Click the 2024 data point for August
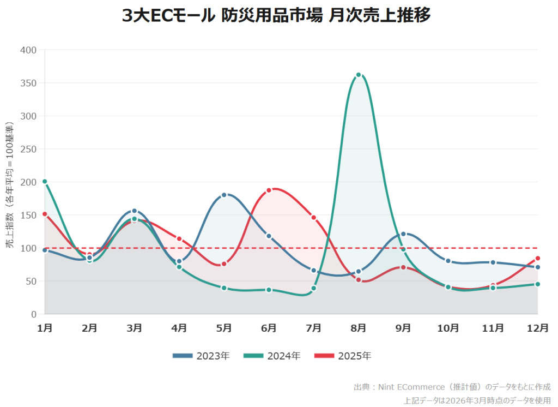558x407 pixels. point(359,75)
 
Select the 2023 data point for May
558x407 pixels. point(224,195)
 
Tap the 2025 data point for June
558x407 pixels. point(269,190)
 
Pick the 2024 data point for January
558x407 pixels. point(45,182)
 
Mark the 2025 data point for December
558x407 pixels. point(538,258)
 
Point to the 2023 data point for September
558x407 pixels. point(403,234)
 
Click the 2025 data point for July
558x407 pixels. point(314,218)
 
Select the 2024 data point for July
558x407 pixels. point(314,288)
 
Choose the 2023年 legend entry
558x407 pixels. point(201,356)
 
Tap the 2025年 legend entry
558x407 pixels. point(343,356)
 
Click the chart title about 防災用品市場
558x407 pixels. point(276,16)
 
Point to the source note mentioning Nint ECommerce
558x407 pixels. point(452,387)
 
